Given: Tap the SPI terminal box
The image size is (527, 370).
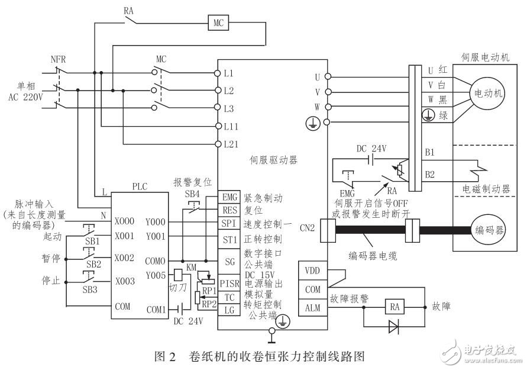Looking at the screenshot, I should [229, 224].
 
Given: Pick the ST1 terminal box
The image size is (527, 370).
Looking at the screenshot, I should [229, 239].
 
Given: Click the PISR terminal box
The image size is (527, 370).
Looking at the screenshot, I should [229, 284].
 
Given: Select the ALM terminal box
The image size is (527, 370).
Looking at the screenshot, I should [312, 307].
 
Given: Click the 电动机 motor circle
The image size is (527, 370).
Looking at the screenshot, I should [487, 94].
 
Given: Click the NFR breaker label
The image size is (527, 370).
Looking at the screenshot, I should [59, 59].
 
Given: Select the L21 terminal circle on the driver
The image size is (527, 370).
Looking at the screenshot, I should [218, 144].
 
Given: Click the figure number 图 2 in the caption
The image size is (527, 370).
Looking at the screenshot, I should [165, 357].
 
